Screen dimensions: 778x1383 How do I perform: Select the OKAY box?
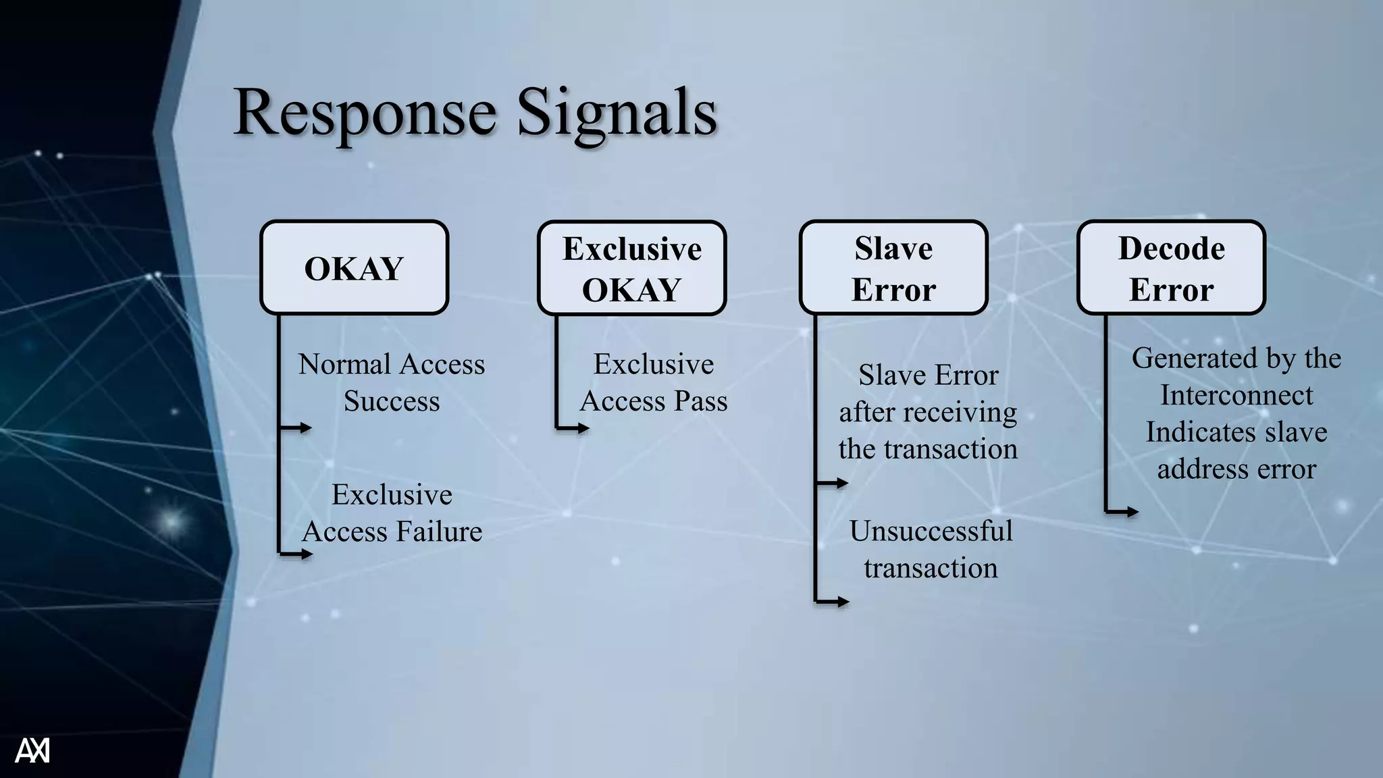[355, 268]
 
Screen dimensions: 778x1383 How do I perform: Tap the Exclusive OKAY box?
[632, 268]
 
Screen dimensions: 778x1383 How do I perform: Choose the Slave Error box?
[893, 268]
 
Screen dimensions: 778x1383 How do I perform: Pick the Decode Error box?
[1171, 268]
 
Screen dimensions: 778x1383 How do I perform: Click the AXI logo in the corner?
[32, 750]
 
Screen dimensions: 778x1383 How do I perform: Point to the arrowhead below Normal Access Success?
[306, 427]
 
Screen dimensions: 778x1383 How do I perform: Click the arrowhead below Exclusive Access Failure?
[307, 554]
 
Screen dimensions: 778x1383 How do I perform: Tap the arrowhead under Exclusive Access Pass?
[583, 427]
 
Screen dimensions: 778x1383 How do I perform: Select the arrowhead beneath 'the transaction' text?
[842, 483]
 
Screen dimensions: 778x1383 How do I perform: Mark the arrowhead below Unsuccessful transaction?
[843, 601]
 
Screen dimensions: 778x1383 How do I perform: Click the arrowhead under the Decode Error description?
[1132, 512]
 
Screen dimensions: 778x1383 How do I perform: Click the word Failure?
[439, 531]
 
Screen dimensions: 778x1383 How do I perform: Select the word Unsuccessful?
[931, 531]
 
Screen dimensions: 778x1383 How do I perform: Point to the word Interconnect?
[1236, 395]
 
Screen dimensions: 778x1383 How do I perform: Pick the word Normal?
[336, 365]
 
